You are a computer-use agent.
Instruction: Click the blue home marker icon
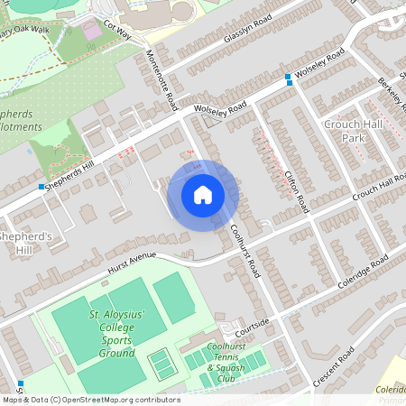[x=202, y=194]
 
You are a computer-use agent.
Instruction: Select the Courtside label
[x=254, y=323]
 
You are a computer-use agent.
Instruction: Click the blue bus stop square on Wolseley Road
[x=288, y=78]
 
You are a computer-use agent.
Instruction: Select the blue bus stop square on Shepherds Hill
[x=42, y=187]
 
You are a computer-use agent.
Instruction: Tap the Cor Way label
[x=118, y=31]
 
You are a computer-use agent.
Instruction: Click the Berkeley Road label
[x=391, y=89]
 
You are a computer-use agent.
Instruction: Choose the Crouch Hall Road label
[x=378, y=185]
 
